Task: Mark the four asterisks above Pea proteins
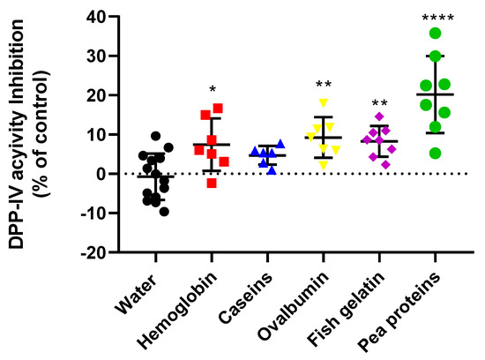click(436, 18)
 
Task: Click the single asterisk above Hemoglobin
click(212, 89)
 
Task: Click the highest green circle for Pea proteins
click(436, 34)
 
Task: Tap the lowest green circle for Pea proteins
click(436, 153)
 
